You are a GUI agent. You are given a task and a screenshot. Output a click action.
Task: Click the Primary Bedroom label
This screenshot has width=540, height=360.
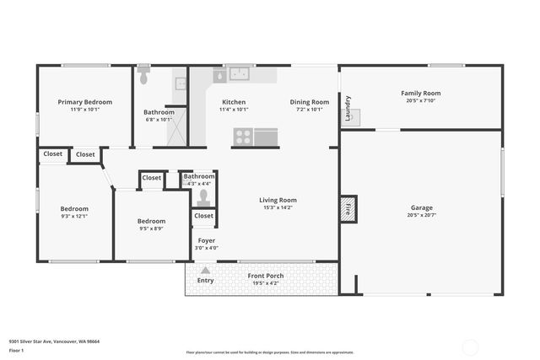(84, 102)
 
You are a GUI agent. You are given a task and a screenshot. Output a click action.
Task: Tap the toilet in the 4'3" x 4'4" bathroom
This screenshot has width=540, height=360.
(202, 198)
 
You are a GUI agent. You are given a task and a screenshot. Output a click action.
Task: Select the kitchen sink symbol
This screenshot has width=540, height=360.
(239, 74)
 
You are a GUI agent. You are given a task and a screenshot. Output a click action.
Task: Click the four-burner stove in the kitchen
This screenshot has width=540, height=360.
(243, 137)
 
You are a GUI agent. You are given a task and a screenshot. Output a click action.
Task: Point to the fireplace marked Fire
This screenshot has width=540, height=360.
(348, 208)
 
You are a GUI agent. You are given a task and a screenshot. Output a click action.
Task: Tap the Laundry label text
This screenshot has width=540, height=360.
(348, 108)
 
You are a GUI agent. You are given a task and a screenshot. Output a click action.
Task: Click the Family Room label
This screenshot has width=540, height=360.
(420, 94)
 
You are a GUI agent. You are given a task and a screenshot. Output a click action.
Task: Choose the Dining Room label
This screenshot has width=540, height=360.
(310, 102)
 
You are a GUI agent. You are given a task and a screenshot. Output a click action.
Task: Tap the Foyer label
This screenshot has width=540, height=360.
(207, 240)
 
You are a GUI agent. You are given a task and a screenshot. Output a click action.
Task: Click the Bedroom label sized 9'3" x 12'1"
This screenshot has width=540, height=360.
(74, 208)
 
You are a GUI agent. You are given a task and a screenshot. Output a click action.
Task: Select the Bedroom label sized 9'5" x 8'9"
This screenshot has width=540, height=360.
(152, 221)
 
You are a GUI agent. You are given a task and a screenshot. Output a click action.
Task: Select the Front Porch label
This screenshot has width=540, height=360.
(265, 276)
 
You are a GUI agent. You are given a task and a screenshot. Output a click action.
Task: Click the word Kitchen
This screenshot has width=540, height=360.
(234, 102)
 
